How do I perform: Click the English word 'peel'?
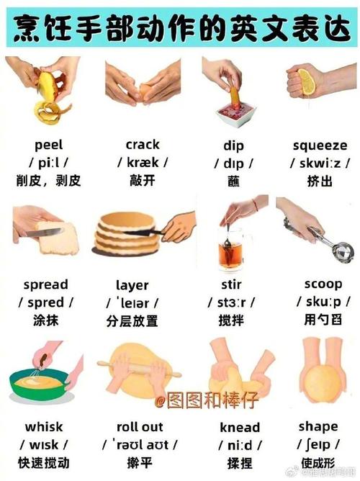[x=48, y=144]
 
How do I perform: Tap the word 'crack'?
[x=142, y=144]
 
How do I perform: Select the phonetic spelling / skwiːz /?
[x=320, y=163]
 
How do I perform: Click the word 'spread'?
[x=45, y=284]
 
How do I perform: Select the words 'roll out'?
[x=140, y=426]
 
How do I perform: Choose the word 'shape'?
[x=318, y=426]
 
